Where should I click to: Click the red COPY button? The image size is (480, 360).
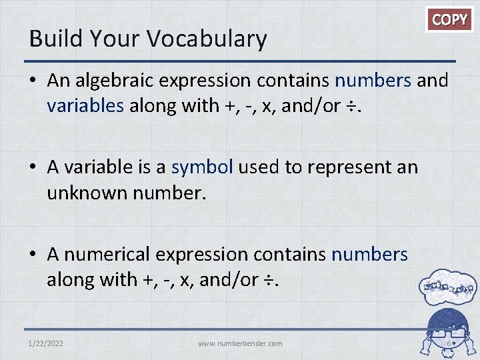[x=449, y=19]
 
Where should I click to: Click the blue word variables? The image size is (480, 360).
[x=85, y=105]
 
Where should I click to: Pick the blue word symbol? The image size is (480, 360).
[x=202, y=167]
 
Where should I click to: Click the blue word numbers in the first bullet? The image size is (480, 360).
[x=373, y=81]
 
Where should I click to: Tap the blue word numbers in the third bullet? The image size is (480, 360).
[x=369, y=254]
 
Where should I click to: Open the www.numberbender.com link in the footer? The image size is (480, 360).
[x=240, y=343]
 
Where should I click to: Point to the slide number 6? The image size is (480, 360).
[x=449, y=343]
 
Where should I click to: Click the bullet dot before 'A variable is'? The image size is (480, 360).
[x=34, y=167]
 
